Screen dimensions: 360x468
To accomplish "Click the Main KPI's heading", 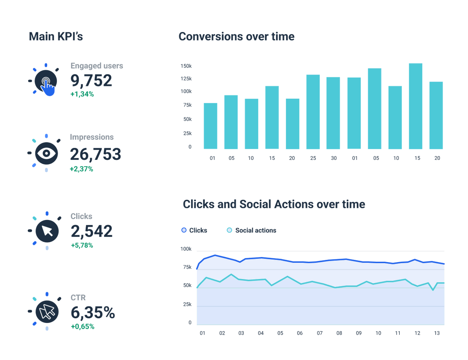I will [x=56, y=37].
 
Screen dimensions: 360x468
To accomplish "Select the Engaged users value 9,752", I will [x=91, y=80].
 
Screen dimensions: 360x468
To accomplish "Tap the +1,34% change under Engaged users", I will [x=82, y=94].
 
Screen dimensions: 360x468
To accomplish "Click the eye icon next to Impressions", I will [x=46, y=153].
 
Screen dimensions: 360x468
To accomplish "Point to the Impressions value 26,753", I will [x=96, y=154].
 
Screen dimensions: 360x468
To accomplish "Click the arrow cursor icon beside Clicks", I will [x=47, y=231].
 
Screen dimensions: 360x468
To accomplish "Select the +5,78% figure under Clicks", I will [x=82, y=245].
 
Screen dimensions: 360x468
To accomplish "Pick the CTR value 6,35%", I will [x=93, y=312].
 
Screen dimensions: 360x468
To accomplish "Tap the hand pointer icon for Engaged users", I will [x=46, y=82].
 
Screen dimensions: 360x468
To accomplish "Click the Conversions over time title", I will [x=236, y=37].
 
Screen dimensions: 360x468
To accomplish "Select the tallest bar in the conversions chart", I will [x=415, y=106].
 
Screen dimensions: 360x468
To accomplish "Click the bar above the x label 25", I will [x=313, y=112].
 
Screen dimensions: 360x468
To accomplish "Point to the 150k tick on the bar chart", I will [x=186, y=66].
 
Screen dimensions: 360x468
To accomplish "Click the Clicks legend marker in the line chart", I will [x=184, y=231].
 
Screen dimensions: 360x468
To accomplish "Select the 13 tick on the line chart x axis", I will [x=437, y=333].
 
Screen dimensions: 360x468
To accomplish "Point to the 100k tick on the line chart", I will [x=186, y=249].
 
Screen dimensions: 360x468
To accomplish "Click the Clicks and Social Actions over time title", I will [x=274, y=204].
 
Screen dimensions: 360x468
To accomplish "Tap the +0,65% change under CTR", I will [x=82, y=326].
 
